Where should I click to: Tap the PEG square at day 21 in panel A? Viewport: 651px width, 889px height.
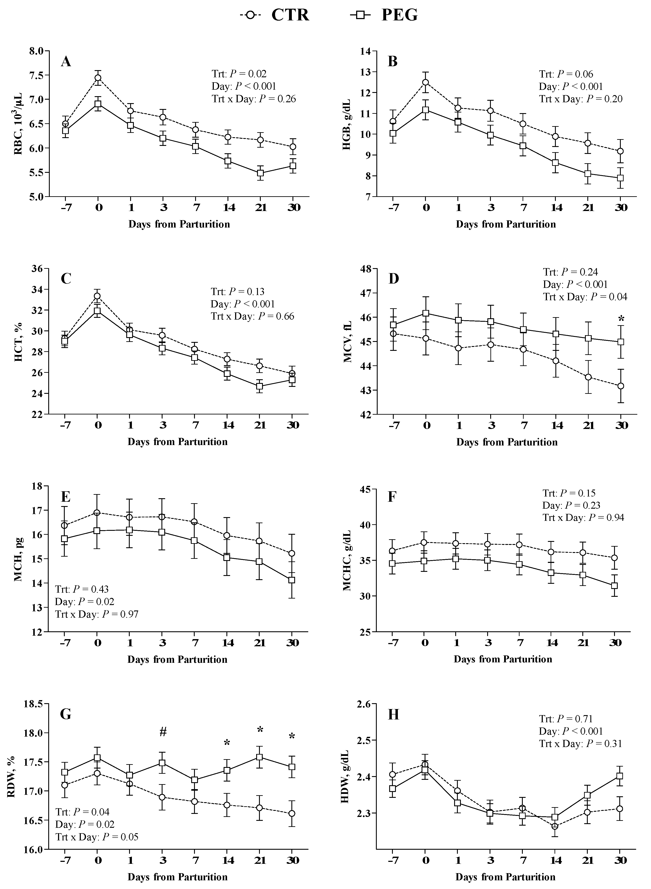pos(260,173)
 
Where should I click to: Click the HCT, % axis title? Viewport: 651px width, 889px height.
pos(18,342)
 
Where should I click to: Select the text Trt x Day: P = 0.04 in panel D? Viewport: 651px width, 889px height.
pos(585,297)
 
